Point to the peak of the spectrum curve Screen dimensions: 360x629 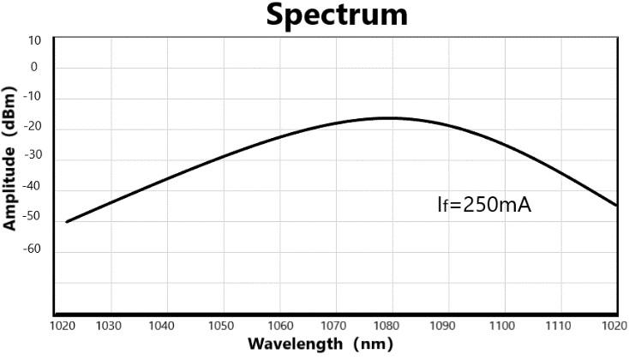click(x=390, y=117)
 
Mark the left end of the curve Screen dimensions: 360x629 click(x=66, y=222)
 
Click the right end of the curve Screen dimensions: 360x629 click(x=617, y=206)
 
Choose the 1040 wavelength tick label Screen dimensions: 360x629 click(x=167, y=327)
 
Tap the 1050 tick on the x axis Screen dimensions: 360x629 click(x=223, y=327)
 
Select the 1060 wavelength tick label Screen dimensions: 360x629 click(x=279, y=327)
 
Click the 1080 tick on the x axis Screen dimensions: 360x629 click(x=391, y=327)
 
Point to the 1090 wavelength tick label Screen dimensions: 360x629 click(x=447, y=327)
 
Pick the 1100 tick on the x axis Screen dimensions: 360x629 click(x=503, y=327)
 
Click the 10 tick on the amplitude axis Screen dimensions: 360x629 click(x=34, y=39)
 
